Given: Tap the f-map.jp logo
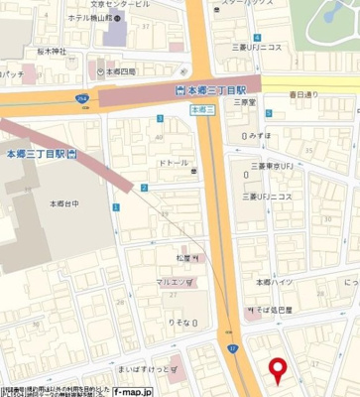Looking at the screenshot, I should pyautogui.click(x=132, y=391).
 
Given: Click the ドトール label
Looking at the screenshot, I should pyautogui.click(x=174, y=163).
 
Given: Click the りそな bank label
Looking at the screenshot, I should pyautogui.click(x=180, y=324).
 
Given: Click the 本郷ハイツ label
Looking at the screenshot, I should pyautogui.click(x=274, y=283).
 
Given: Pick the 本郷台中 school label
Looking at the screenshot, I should pyautogui.click(x=63, y=203).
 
